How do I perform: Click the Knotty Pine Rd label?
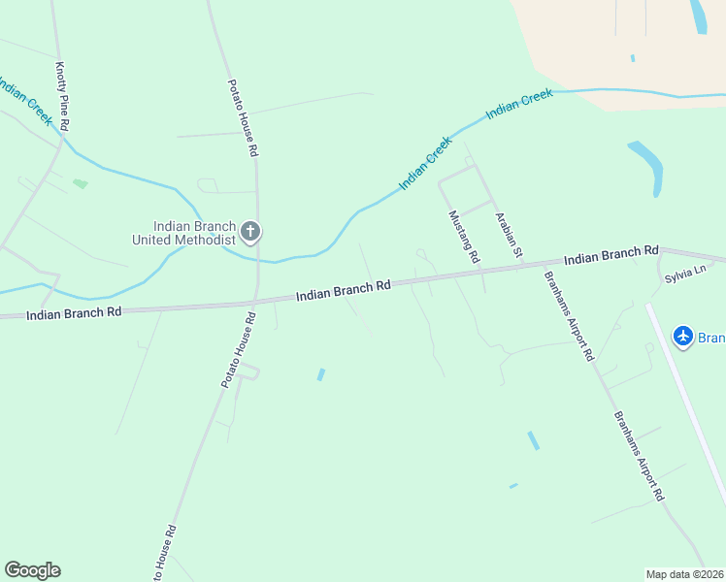tap(64, 96)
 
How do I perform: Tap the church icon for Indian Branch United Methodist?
tap(250, 231)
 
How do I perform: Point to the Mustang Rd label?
tap(464, 237)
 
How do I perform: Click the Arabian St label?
tap(510, 236)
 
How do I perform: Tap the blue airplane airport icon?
tap(683, 336)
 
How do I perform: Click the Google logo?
tap(32, 570)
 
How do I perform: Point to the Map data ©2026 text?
tap(684, 573)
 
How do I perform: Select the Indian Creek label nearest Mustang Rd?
tap(425, 163)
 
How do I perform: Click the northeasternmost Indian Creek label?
tap(519, 102)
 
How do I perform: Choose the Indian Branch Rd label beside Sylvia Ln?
tap(610, 256)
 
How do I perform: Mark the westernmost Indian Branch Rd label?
tap(74, 313)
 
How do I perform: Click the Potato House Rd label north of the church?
tap(242, 118)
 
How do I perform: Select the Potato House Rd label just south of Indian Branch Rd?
tap(237, 350)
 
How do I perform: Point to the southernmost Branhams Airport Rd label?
tap(638, 455)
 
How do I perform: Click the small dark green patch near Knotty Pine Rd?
tap(80, 182)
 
